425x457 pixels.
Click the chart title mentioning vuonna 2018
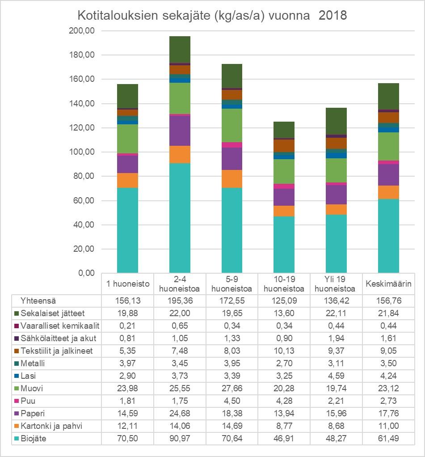click(x=212, y=16)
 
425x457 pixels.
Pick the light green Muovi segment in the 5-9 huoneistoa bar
click(x=231, y=125)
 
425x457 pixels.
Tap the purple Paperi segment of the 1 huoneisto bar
click(x=127, y=164)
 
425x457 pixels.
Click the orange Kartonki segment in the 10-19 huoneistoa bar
click(x=283, y=211)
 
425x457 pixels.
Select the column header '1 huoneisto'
click(x=127, y=284)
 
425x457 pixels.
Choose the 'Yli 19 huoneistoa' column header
click(x=336, y=284)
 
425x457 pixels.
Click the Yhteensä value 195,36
click(x=179, y=301)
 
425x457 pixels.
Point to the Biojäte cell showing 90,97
click(x=179, y=439)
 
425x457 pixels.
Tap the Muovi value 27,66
click(x=231, y=389)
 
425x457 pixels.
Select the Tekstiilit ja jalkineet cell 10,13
click(x=284, y=351)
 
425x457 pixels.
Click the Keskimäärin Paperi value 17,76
click(x=388, y=414)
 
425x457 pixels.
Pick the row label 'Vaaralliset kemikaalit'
click(x=60, y=326)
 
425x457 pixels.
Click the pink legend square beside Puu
click(x=17, y=401)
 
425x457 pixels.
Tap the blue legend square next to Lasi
click(x=17, y=376)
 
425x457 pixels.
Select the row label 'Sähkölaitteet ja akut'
click(x=59, y=339)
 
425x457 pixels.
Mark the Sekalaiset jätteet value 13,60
click(x=284, y=313)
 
